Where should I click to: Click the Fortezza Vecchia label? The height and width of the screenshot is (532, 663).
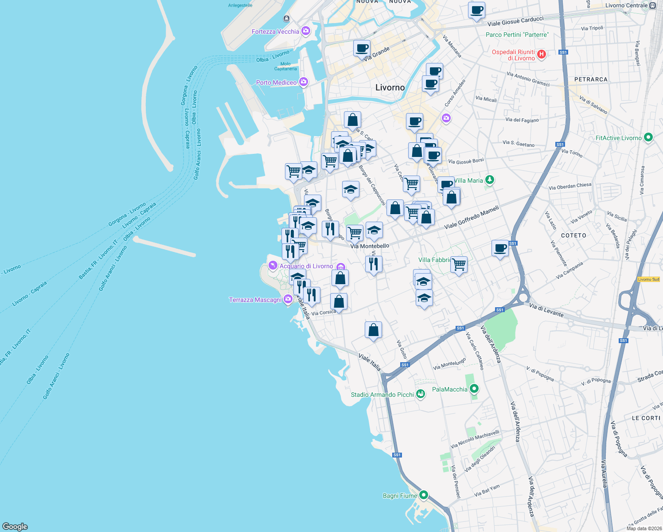pyautogui.click(x=275, y=31)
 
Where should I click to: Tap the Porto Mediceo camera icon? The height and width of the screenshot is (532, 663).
pyautogui.click(x=304, y=82)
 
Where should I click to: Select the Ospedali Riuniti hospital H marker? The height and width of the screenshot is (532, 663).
pyautogui.click(x=541, y=55)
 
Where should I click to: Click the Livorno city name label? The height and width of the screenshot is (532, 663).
pyautogui.click(x=390, y=87)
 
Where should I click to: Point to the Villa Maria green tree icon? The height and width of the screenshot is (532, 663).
pyautogui.click(x=489, y=180)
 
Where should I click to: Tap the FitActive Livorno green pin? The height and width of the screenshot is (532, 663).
pyautogui.click(x=648, y=137)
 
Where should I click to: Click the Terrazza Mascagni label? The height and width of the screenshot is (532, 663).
pyautogui.click(x=255, y=300)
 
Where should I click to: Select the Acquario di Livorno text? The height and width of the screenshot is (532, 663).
pyautogui.click(x=306, y=266)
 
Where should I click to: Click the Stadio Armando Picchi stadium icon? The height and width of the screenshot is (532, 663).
pyautogui.click(x=421, y=394)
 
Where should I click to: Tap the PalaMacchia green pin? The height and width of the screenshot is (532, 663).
pyautogui.click(x=474, y=389)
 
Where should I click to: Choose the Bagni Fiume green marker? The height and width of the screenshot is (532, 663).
pyautogui.click(x=424, y=495)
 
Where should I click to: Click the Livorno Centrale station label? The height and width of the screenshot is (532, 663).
pyautogui.click(x=626, y=6)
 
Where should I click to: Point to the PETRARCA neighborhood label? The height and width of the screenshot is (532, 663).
pyautogui.click(x=591, y=79)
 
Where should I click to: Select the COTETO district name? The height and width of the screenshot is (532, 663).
pyautogui.click(x=573, y=235)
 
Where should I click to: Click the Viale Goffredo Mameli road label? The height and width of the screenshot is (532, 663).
pyautogui.click(x=472, y=217)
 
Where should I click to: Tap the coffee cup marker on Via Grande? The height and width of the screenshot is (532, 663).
pyautogui.click(x=362, y=48)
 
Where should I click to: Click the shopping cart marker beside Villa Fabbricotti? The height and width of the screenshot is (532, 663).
pyautogui.click(x=459, y=265)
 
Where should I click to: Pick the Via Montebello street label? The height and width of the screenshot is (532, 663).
pyautogui.click(x=370, y=246)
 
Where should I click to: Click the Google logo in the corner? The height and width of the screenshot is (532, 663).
pyautogui.click(x=15, y=526)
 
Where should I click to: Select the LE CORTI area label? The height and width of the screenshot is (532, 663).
pyautogui.click(x=646, y=418)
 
